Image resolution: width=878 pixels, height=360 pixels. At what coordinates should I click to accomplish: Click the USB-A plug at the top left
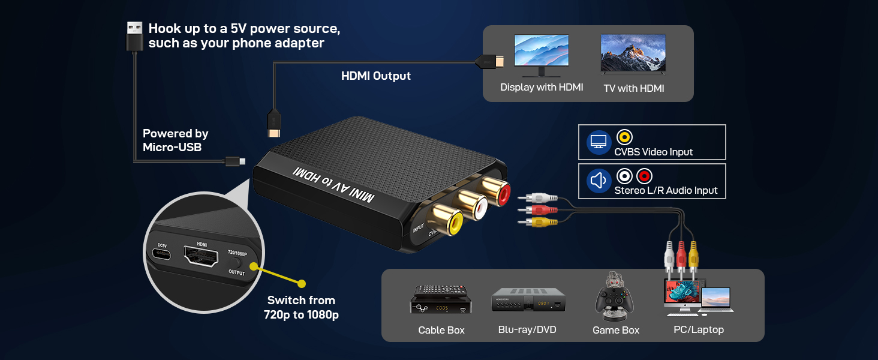(134, 37)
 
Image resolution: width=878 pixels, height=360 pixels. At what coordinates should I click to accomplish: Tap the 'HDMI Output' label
(376, 76)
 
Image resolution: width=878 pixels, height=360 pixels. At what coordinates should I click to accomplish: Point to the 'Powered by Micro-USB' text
(176, 140)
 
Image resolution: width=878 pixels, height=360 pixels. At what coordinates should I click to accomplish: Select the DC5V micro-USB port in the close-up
(163, 254)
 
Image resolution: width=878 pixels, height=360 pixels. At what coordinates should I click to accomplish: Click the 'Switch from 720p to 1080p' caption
(301, 307)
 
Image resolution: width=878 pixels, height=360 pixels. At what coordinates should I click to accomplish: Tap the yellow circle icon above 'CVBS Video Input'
(624, 137)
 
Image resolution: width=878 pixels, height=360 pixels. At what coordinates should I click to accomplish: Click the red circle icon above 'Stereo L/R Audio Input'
(644, 176)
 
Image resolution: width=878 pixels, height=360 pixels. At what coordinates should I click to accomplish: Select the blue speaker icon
(599, 181)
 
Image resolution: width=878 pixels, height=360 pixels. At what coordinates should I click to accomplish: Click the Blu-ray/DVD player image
(528, 299)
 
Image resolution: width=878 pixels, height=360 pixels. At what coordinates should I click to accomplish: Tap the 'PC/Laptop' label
(699, 330)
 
